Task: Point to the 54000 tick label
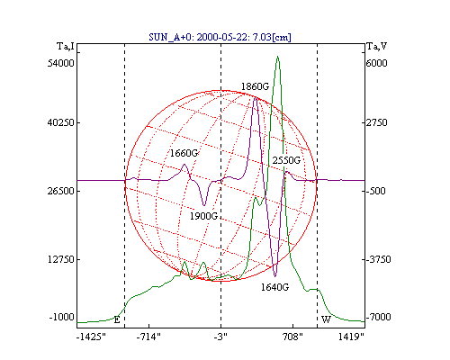[x=60, y=63]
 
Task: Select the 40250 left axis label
[x=60, y=122]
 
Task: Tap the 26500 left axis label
[x=60, y=191]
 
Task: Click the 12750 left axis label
[x=60, y=259]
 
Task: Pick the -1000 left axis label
[x=62, y=317]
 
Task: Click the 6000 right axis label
[x=376, y=63]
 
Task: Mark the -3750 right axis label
[x=378, y=259]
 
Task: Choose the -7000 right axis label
[x=378, y=317]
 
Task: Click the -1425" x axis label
[x=91, y=337]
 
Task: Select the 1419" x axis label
[x=351, y=337]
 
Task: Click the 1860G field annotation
[x=255, y=86]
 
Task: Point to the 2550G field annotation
[x=286, y=160]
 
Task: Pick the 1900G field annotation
[x=203, y=216]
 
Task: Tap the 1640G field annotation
[x=274, y=287]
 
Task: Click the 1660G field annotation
[x=184, y=153]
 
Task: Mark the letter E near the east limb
[x=117, y=319]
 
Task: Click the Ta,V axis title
[x=377, y=47]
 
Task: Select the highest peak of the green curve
[x=278, y=56]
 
